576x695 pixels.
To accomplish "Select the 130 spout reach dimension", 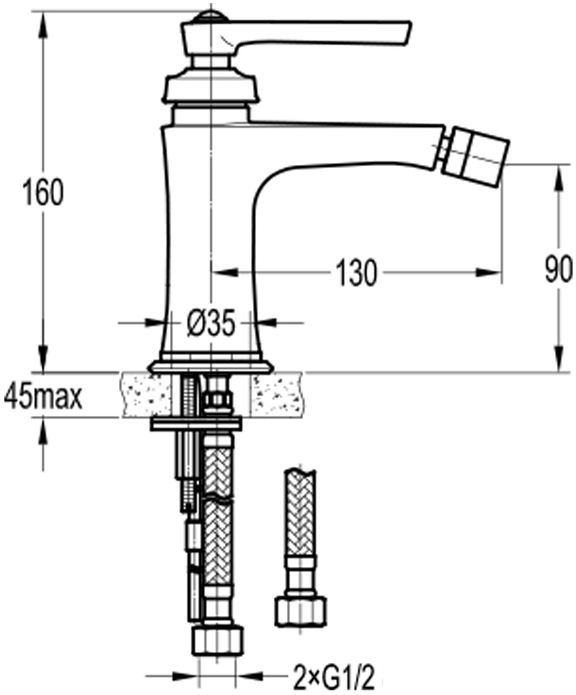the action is coord(357,272).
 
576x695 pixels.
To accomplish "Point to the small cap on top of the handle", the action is coord(210,16).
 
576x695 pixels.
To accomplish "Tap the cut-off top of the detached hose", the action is coord(300,474).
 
